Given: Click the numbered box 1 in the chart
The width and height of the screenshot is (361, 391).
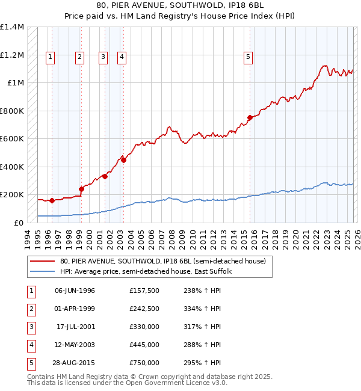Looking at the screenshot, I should (x=49, y=57).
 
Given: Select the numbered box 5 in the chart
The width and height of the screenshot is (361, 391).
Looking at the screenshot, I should (x=248, y=57).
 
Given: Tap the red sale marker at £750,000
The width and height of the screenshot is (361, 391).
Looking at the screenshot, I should (x=250, y=118).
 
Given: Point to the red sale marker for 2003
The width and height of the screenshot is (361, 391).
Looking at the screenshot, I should (x=123, y=160).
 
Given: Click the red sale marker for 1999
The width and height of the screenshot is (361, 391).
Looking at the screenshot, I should (x=81, y=188).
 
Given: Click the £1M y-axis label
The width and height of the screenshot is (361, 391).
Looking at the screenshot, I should (x=16, y=83).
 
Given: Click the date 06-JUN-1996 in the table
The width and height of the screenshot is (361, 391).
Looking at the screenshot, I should (x=75, y=291).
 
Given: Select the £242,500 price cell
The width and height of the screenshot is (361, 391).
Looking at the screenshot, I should (x=144, y=309).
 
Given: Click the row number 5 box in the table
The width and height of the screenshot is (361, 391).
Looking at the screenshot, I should (x=29, y=363).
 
